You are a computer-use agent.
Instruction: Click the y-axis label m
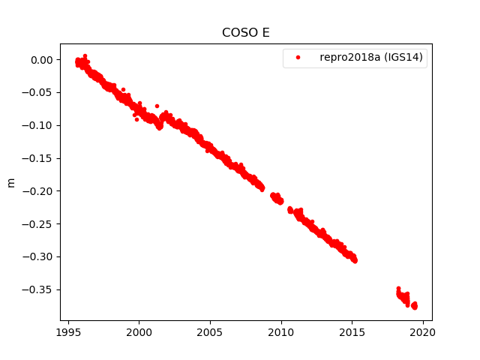pos(10,182)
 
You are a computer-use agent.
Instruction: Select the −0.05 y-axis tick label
pos(38,92)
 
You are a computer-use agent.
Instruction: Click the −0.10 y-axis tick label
pos(38,125)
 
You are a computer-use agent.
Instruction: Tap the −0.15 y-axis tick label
pos(38,158)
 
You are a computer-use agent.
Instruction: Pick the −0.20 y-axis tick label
pos(38,191)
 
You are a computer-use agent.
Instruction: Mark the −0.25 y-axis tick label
pos(38,223)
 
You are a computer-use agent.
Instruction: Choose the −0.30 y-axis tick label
pos(38,256)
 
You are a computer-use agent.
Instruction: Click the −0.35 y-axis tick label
pos(38,289)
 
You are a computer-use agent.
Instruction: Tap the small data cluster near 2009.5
pos(277,198)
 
